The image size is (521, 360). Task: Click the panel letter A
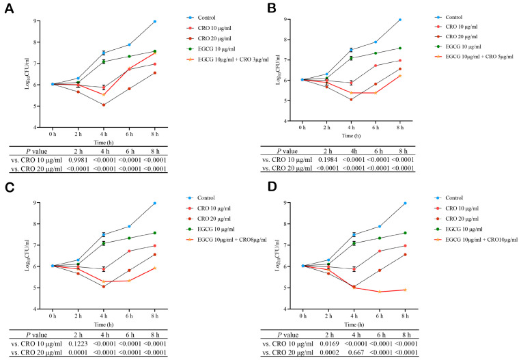pos(9,8)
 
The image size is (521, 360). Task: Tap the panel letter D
pos(272,187)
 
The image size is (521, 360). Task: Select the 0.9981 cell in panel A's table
pos(78,160)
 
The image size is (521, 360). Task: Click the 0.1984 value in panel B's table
pos(328,160)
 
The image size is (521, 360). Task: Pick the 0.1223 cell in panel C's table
pos(78,344)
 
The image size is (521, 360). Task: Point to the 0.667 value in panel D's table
pos(356,352)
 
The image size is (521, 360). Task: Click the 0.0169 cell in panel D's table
pos(329,344)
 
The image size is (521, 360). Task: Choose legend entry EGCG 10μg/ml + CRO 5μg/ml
pos(474,57)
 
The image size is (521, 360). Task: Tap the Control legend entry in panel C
pos(201,198)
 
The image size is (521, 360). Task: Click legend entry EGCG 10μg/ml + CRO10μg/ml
pos(476,240)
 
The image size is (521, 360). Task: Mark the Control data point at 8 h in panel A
pos(155,22)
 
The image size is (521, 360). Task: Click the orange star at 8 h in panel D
pos(405,290)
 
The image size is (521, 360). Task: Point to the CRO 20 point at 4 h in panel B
pos(351,99)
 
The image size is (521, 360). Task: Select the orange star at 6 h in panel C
pos(129,281)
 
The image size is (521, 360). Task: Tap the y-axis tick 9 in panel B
pos(285,20)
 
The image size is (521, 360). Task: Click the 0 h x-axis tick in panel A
pos(53,135)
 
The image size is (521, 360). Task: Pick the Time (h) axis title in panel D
pos(354,324)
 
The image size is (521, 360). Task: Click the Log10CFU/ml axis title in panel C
pos(27,255)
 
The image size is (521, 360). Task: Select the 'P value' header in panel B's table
pos(287,151)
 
